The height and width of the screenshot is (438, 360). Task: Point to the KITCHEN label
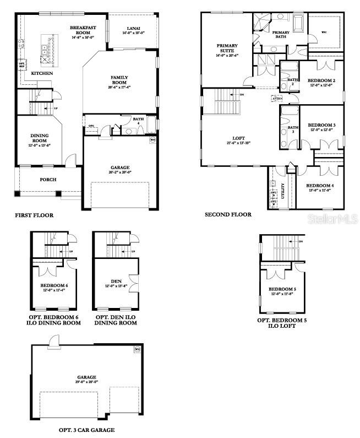point(42,73)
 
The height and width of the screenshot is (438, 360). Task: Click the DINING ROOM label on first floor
point(39,138)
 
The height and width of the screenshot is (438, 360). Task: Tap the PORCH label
point(48,180)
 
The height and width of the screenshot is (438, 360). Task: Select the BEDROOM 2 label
point(321,80)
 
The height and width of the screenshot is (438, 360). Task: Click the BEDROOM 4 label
point(320,186)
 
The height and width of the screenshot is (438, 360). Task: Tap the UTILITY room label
point(283,190)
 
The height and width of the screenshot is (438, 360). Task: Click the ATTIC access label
point(276,99)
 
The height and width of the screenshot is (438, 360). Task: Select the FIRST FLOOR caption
point(34,215)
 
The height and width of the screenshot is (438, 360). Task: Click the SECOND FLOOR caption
point(228,215)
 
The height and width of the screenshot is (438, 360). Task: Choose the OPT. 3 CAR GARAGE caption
point(87,430)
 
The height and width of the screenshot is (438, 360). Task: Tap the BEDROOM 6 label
point(54,285)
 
